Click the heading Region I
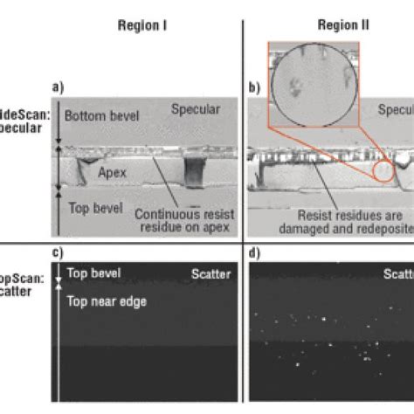[142, 26]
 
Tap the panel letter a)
[59, 87]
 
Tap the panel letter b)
[254, 87]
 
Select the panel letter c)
[59, 253]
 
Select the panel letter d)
[254, 253]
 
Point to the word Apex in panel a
[112, 173]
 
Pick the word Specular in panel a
[195, 109]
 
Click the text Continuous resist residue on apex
[182, 222]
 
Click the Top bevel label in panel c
[92, 273]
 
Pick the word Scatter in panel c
[210, 274]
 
